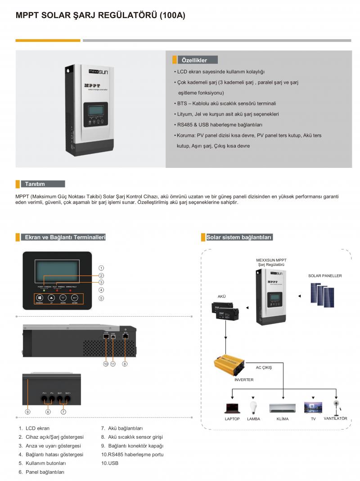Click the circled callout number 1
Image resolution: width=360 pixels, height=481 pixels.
102,268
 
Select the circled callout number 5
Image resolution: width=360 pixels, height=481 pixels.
102,298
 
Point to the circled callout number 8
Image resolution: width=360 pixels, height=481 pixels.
125,364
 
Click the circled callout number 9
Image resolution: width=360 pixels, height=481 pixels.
28,411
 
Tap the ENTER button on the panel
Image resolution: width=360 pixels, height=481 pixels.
75,297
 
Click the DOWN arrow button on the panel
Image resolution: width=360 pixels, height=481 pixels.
63,297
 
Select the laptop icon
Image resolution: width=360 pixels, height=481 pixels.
232,409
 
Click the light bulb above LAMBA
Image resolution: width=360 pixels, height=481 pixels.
253,407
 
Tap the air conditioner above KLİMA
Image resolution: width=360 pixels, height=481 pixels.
283,408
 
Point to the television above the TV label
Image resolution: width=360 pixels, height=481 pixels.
313,408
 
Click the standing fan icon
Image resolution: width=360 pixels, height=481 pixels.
336,407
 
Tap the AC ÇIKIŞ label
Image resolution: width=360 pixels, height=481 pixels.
264,368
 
